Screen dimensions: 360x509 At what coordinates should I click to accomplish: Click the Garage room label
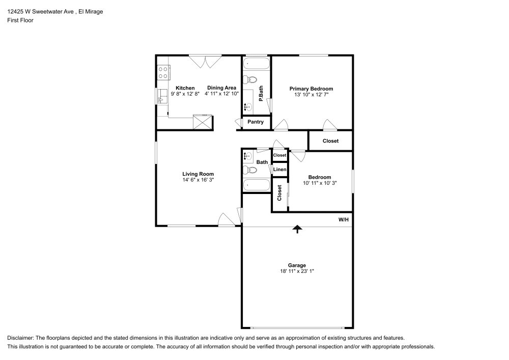click(297, 265)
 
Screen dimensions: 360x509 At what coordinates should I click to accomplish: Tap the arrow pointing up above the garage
click(297, 230)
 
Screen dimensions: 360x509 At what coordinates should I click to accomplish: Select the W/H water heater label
click(344, 220)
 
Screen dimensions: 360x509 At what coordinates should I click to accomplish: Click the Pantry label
click(256, 122)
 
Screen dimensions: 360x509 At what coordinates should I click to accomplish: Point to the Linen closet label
click(279, 170)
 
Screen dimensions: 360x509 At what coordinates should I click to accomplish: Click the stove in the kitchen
click(163, 72)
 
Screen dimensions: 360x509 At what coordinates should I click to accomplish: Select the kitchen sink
click(162, 95)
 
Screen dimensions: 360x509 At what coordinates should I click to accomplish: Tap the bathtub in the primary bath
click(257, 65)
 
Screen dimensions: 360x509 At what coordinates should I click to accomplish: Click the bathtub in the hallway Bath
click(257, 185)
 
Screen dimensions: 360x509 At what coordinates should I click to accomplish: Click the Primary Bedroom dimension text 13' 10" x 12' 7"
click(311, 95)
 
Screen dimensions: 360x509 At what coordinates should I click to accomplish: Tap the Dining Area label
click(221, 88)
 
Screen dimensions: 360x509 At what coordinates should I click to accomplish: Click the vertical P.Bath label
click(261, 93)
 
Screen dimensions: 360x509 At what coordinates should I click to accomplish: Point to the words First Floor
click(20, 20)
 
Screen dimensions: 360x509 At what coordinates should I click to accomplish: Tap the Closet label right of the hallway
click(330, 141)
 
